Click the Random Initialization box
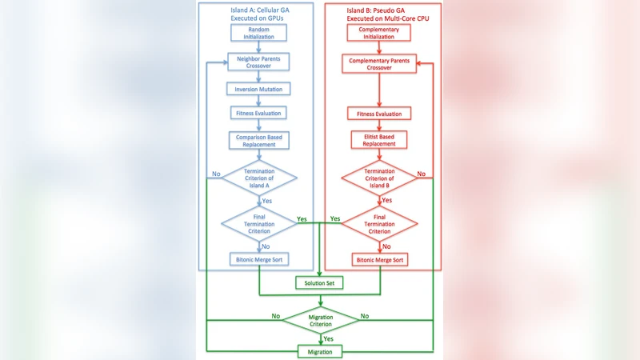click(260, 33)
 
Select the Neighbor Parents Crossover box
click(260, 62)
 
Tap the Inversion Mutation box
click(260, 88)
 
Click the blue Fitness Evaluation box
click(260, 114)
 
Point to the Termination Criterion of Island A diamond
click(260, 178)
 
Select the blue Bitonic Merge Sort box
click(260, 260)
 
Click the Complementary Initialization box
click(379, 33)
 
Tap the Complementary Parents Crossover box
click(379, 64)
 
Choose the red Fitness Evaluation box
click(379, 114)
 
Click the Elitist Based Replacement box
click(379, 140)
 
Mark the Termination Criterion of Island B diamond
click(379, 178)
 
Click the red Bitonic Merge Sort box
click(379, 260)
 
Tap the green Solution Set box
click(320, 283)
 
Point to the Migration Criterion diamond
click(320, 322)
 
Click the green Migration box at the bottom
click(320, 351)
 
